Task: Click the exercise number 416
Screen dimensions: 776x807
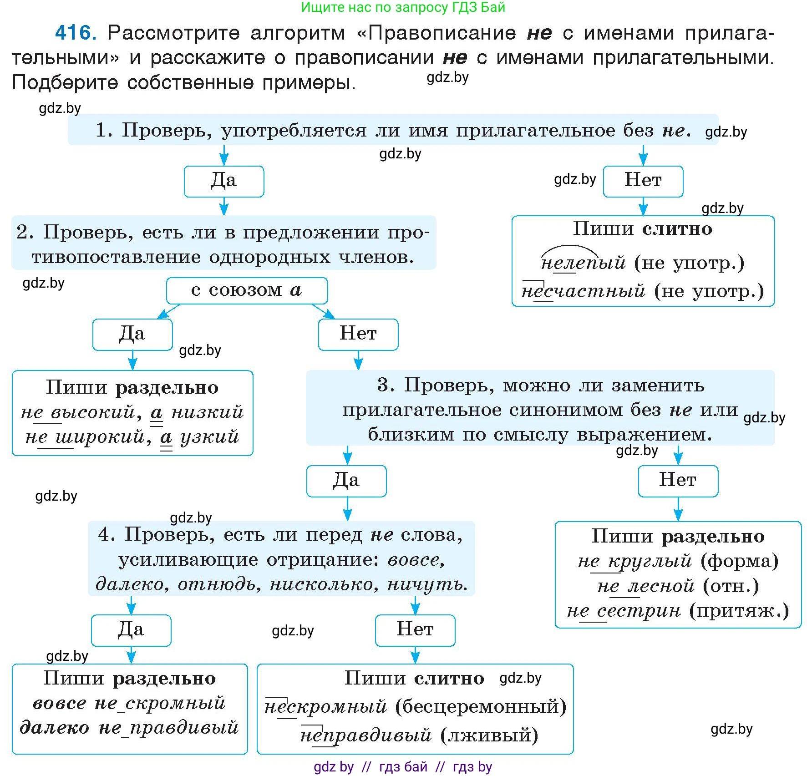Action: (75, 33)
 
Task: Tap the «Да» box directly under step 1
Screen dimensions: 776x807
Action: (223, 181)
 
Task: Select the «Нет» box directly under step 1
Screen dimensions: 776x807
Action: (643, 181)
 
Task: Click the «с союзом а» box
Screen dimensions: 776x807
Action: (247, 290)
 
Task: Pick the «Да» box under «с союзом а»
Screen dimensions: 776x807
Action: (132, 334)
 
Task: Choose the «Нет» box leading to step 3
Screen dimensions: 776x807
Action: (358, 334)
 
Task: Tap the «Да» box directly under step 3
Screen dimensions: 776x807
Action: (346, 481)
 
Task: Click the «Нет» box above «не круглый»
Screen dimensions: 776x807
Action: (678, 481)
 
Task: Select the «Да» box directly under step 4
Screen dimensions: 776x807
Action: (131, 630)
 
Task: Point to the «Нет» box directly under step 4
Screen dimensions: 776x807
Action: (415, 630)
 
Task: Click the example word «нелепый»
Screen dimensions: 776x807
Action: (583, 263)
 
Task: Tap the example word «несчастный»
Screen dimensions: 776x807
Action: (583, 291)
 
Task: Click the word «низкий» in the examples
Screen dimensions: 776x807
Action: (208, 412)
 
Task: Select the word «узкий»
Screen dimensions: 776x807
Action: (210, 437)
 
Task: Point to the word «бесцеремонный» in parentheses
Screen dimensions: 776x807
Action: (481, 707)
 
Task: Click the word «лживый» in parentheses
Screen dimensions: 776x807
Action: (489, 735)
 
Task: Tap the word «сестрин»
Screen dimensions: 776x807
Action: (639, 611)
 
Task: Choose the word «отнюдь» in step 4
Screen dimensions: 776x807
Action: (219, 584)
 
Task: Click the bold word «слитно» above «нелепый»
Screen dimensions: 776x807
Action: (677, 229)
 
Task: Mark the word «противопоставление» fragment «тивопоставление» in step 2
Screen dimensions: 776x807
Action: (116, 258)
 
